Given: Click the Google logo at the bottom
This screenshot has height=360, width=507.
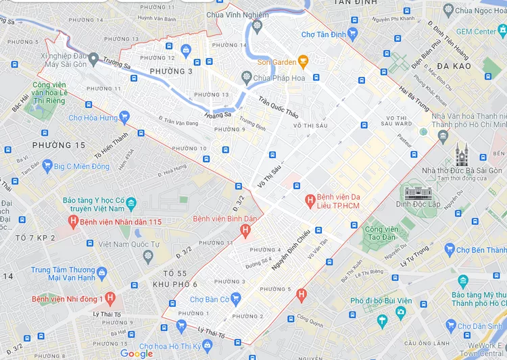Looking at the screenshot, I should click(x=137, y=353).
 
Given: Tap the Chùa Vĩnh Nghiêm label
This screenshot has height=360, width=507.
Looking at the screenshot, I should click(x=233, y=14).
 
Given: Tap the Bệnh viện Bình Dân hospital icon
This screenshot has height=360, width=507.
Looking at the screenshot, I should click(x=245, y=231).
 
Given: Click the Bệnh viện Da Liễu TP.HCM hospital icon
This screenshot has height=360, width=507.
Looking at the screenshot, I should click(x=310, y=199).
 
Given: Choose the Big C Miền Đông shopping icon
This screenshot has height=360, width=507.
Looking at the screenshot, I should click(x=47, y=166).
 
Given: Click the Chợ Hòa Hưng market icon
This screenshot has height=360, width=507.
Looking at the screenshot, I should click(x=123, y=118).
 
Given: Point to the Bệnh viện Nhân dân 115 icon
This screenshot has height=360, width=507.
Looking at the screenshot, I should click(x=72, y=222).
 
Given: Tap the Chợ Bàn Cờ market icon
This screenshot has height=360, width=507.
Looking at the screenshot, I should click(x=235, y=299).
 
